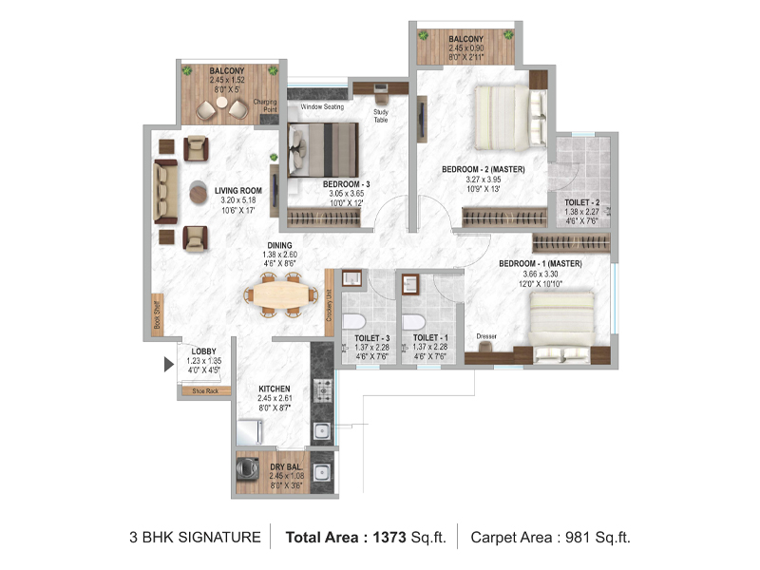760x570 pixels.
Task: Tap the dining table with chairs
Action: click(278, 294)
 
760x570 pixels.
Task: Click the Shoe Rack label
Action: click(204, 390)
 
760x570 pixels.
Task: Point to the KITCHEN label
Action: click(274, 389)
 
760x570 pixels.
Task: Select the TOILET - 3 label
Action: click(371, 338)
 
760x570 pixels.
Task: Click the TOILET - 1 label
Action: click(425, 338)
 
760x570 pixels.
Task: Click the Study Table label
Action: click(380, 116)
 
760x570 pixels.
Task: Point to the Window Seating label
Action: click(323, 107)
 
